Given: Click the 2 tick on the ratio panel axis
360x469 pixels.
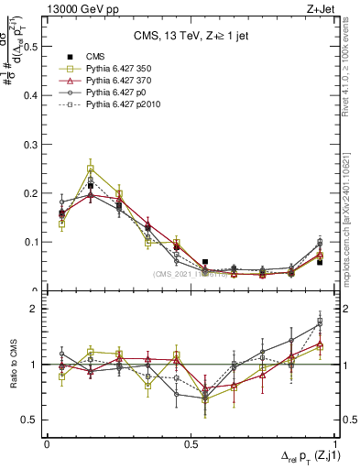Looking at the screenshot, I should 37,309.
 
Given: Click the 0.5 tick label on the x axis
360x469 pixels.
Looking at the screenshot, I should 191,443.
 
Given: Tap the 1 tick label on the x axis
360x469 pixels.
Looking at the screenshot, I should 335,443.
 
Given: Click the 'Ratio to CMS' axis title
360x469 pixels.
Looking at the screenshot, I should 13,366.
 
